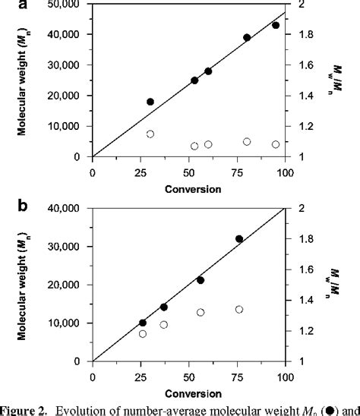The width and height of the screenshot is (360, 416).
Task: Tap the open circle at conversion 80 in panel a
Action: [x=247, y=141]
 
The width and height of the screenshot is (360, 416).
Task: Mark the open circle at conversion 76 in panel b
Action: [x=239, y=309]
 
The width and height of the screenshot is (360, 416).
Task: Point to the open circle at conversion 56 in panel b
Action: [x=201, y=312]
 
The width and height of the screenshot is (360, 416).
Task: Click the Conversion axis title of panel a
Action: [x=188, y=188]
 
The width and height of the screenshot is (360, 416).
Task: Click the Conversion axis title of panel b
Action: [x=188, y=392]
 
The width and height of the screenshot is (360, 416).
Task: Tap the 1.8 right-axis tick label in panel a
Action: [x=302, y=35]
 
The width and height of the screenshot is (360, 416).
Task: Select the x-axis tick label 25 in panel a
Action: [x=141, y=171]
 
